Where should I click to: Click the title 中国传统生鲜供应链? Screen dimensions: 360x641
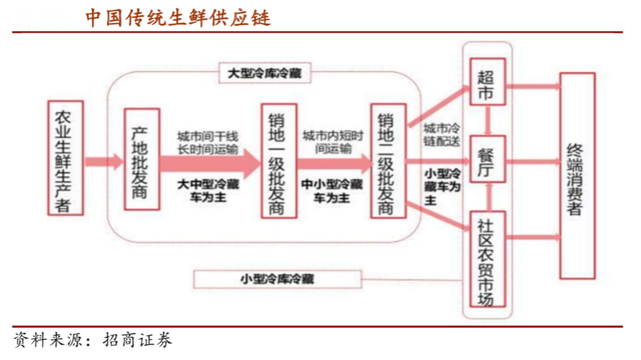pos(177,17)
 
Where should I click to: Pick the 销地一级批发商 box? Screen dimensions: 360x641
pos(275,163)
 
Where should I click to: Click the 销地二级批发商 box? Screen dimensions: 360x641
pos(387,163)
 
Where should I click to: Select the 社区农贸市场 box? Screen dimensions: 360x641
pos(486,260)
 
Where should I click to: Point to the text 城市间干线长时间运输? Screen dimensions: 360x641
pos(208,143)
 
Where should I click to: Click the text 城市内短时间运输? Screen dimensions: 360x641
pos(333,143)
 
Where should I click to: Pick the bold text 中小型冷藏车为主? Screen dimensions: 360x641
pos(332,190)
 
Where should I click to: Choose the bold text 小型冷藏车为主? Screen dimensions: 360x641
pos(441,186)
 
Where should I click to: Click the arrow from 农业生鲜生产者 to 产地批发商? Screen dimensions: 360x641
pos(103,161)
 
